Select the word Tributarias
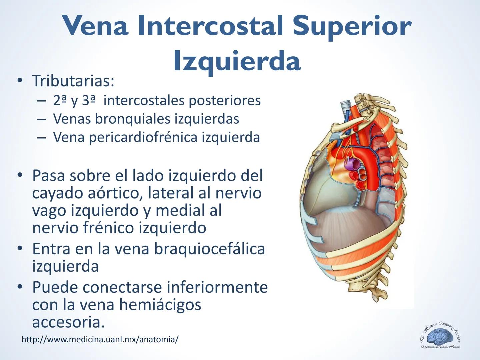pos(73,81)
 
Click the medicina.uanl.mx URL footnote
pos(100,340)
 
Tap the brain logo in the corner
pos(440,337)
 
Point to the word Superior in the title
pos(352,26)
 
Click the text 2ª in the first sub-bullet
pos(60,100)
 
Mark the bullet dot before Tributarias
pos(21,81)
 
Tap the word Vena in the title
pos(96,26)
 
